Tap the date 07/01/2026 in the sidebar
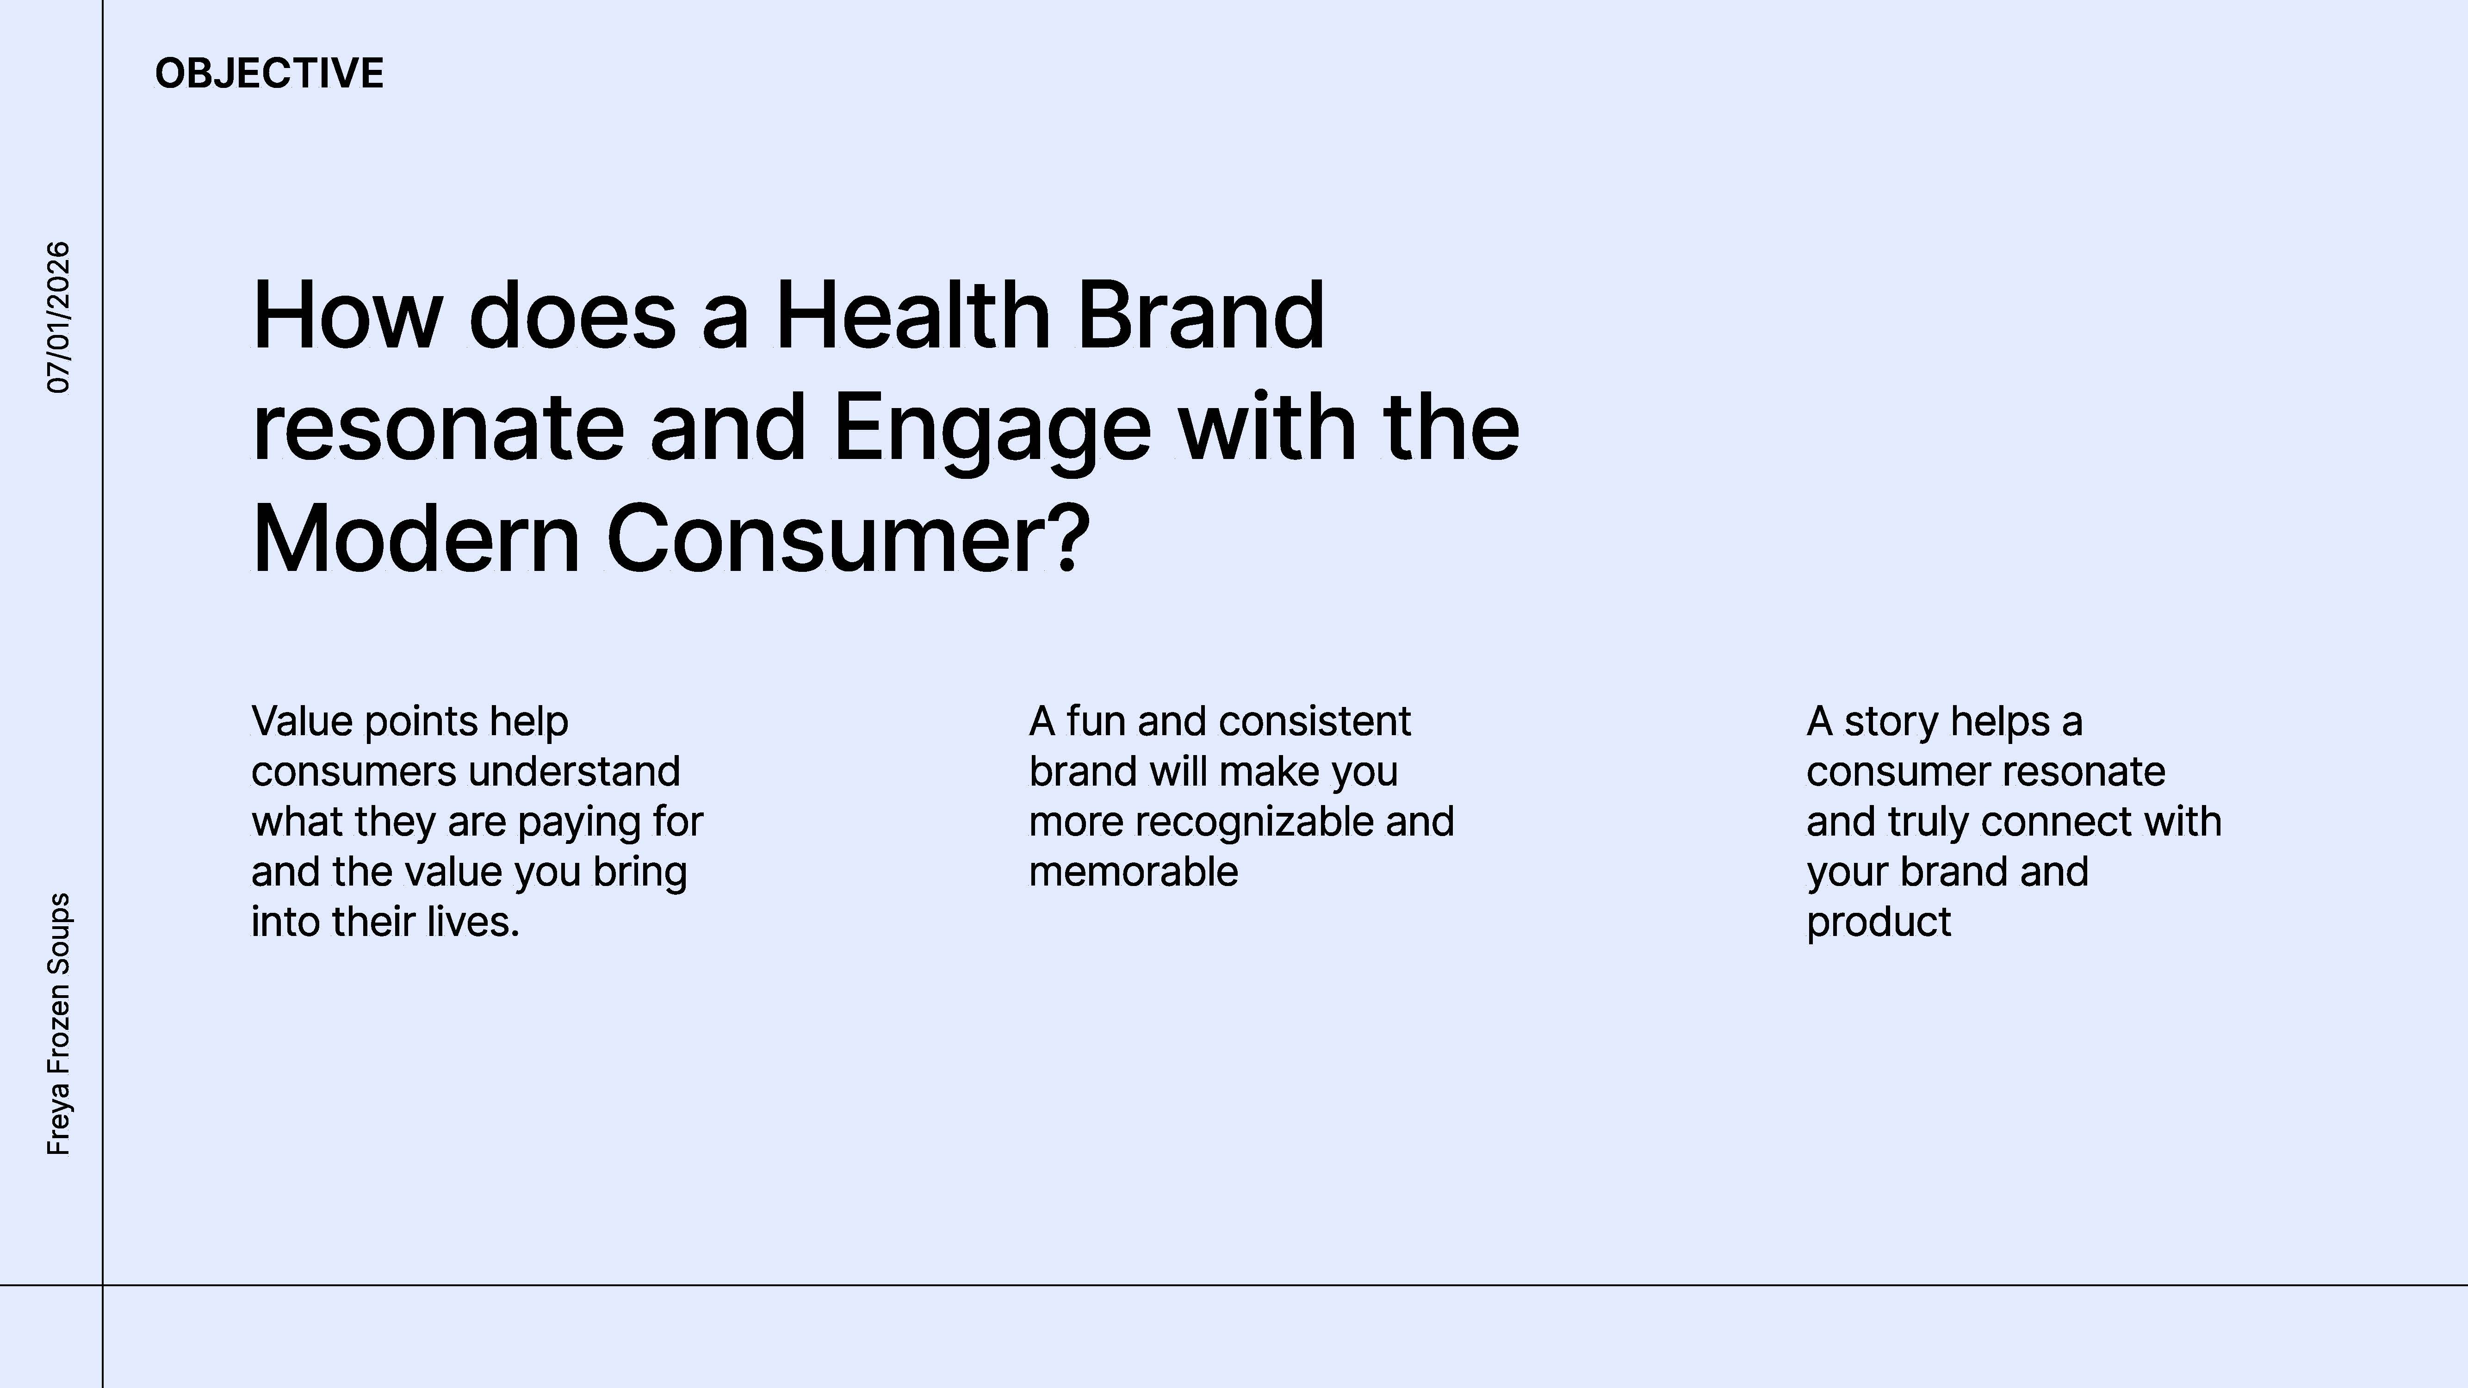pos(58,317)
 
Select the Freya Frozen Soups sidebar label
pos(58,1024)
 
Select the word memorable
pos(1134,872)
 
